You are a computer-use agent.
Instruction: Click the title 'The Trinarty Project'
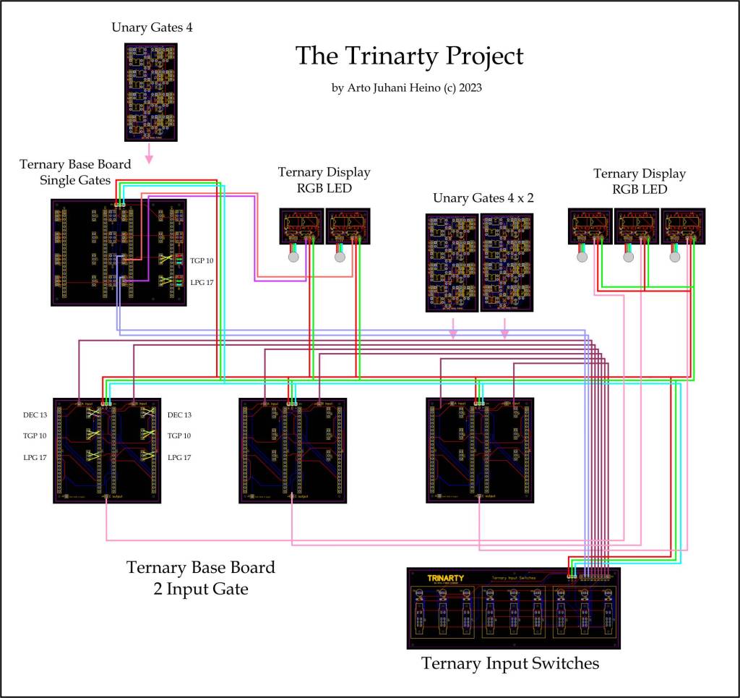click(409, 56)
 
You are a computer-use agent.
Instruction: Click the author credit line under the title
click(406, 88)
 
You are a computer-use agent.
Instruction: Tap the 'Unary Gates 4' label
click(151, 27)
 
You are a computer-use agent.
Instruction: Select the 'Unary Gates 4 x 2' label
click(483, 197)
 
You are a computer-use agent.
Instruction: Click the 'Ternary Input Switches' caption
click(510, 663)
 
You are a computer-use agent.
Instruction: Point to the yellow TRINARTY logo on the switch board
click(445, 578)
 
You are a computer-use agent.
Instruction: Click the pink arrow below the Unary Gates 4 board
click(150, 153)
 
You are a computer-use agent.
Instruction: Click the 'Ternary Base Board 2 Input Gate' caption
click(201, 578)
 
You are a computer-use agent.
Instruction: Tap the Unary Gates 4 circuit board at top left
click(151, 92)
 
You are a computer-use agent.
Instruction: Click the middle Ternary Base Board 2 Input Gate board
click(293, 449)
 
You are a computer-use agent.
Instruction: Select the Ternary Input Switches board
click(514, 608)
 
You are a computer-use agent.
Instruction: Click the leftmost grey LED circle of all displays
click(293, 257)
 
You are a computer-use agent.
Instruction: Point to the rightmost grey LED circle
click(675, 257)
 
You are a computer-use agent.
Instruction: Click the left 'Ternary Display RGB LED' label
click(324, 179)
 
